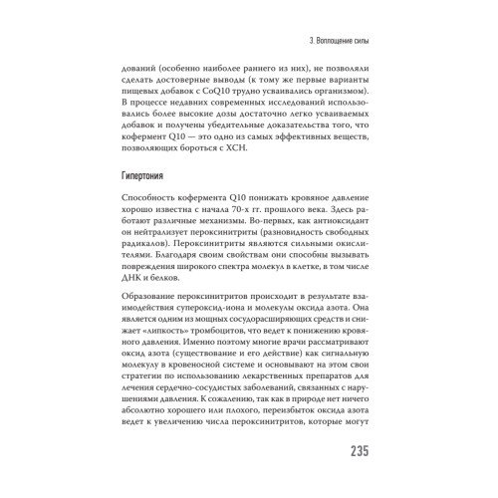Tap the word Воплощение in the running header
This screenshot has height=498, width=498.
point(329,40)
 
